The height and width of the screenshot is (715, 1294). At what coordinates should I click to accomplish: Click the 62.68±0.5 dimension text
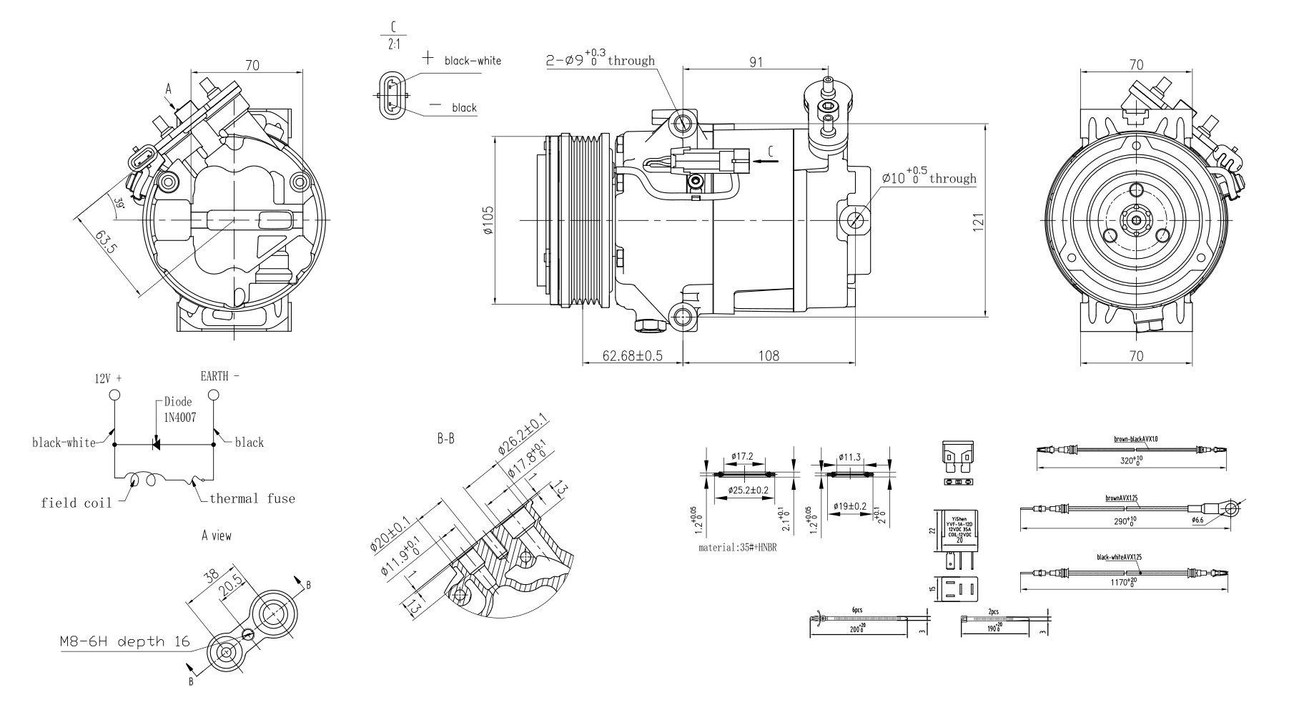(x=632, y=355)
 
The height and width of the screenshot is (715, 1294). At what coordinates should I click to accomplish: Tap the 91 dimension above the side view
(x=756, y=62)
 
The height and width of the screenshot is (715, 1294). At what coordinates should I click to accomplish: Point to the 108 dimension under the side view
(x=769, y=355)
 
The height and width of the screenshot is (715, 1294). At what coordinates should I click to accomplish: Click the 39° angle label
(x=119, y=203)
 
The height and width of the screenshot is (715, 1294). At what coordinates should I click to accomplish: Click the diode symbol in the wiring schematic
(x=156, y=445)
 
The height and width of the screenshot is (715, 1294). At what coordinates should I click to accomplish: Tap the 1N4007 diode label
(x=179, y=417)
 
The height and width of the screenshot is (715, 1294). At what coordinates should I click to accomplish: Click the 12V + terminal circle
(x=114, y=395)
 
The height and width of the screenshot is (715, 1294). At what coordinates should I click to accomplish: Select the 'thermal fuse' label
(x=252, y=498)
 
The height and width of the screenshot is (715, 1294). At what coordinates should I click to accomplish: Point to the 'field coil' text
(x=76, y=503)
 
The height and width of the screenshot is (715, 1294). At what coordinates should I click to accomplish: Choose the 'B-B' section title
(x=445, y=439)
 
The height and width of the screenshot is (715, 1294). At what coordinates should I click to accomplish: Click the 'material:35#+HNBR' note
(x=737, y=548)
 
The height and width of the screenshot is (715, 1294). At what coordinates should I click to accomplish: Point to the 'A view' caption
(x=217, y=535)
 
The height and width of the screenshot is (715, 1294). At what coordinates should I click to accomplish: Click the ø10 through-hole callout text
(x=929, y=178)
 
